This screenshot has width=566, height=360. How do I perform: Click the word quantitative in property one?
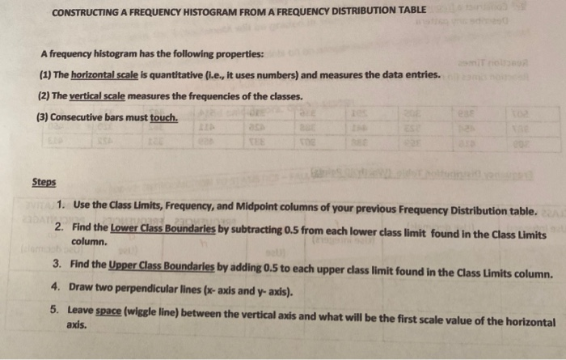click(x=191, y=75)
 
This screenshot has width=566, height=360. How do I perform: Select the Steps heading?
click(x=44, y=183)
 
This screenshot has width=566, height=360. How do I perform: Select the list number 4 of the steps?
click(x=57, y=287)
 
